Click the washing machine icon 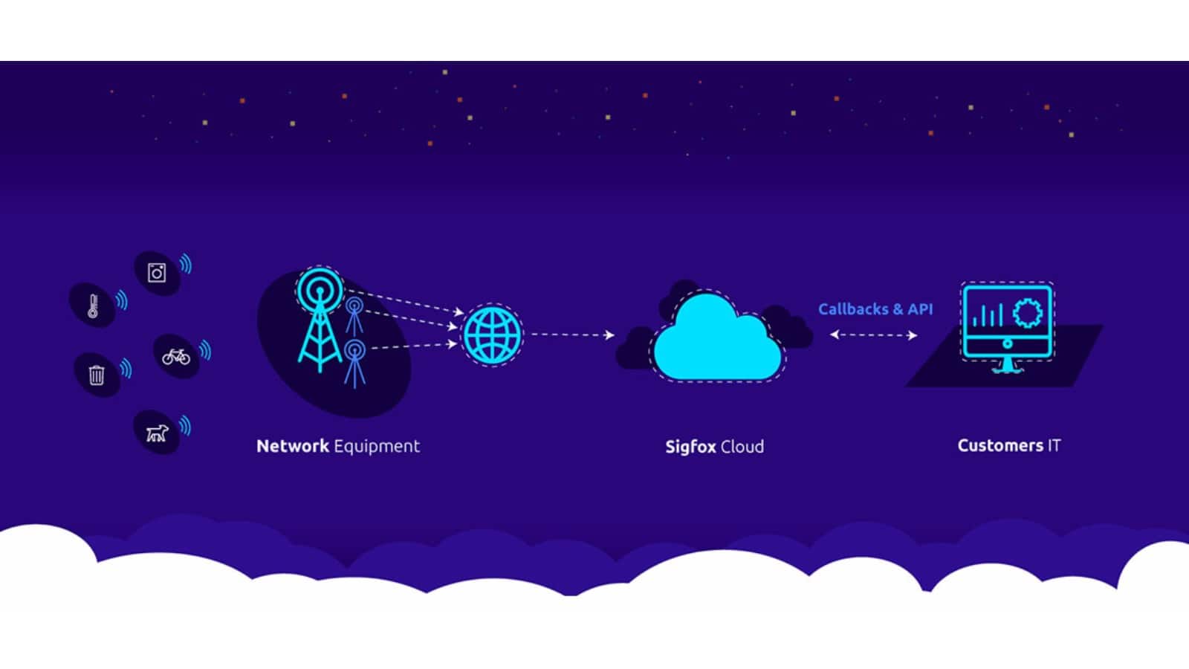[x=157, y=273]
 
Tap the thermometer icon [x=94, y=306]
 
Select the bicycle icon [x=176, y=357]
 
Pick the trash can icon [x=97, y=375]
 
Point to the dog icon [x=157, y=433]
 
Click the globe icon [x=492, y=335]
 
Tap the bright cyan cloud [x=718, y=338]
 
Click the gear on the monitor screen [x=1028, y=313]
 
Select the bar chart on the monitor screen [x=988, y=315]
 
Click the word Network [x=293, y=446]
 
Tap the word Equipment [x=377, y=447]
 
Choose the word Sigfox [x=691, y=447]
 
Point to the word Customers [x=1000, y=445]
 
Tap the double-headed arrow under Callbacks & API [x=874, y=335]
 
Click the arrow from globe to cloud [x=572, y=335]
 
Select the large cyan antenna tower [x=320, y=320]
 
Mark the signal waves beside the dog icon [x=185, y=425]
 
